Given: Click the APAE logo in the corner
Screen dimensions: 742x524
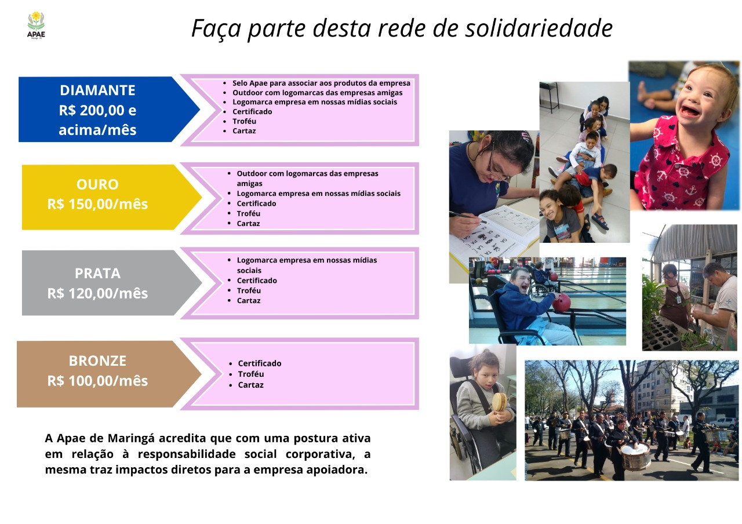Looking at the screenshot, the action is (36, 25).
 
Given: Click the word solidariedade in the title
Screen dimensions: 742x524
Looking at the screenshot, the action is (539, 28).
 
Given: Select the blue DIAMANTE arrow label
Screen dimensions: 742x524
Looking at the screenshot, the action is (109, 110).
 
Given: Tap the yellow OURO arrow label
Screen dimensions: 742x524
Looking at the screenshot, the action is (112, 197).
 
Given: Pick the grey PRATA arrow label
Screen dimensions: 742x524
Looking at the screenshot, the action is (112, 283).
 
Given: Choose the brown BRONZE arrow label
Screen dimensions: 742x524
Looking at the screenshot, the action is (109, 374).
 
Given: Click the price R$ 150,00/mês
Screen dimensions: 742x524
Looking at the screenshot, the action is (97, 204).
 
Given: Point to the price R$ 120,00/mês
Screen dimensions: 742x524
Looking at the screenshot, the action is (97, 293).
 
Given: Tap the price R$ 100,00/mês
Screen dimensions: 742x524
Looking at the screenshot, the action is (97, 381).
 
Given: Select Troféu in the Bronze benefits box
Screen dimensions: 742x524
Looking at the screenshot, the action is (251, 374).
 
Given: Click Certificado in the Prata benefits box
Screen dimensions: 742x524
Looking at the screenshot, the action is (257, 281).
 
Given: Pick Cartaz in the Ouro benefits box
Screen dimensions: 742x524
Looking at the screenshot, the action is (248, 224).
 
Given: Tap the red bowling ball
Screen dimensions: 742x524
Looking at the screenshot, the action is (562, 302).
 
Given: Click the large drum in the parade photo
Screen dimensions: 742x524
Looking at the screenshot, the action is (634, 456).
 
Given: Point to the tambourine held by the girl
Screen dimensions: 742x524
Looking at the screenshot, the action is (499, 402).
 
